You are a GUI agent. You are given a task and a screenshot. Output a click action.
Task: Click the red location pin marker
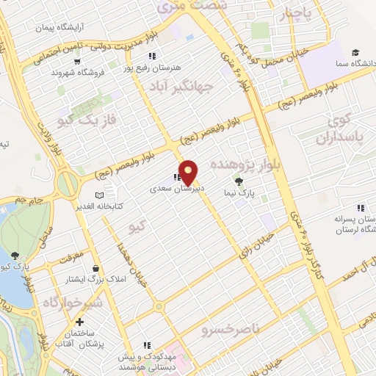[189, 172]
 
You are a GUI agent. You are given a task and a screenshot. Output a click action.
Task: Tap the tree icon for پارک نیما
[237, 180]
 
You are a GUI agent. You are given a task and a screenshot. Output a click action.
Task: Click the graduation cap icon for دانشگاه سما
[355, 53]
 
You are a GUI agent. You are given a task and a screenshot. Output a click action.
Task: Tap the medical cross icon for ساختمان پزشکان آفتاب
[79, 322]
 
